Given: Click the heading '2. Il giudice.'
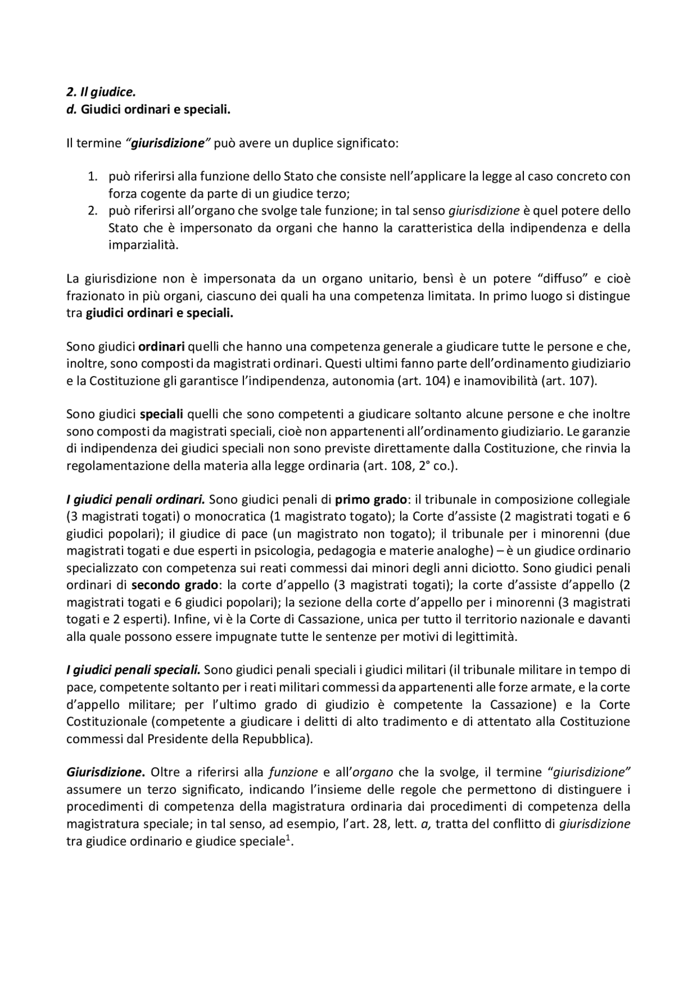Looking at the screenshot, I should coord(101,93).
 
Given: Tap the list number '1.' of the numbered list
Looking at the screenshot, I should coord(93,176).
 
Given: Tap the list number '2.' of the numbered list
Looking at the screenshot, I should coord(93,211).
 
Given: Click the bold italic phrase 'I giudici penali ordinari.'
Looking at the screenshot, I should coord(136,499).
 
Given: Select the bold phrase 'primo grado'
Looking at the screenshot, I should coord(371,499).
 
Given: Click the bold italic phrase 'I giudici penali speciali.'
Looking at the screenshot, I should coord(134,670).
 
